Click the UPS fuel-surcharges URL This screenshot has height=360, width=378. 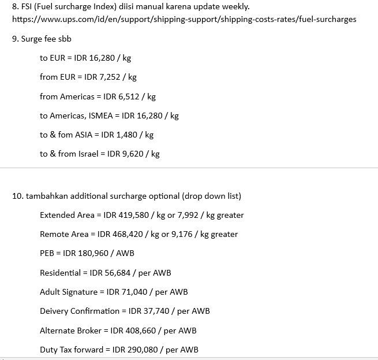pos(184,19)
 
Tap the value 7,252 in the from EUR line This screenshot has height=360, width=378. pos(104,77)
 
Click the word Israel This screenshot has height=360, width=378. pos(91,154)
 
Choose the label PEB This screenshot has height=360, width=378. pos(47,253)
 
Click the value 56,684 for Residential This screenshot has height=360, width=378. pos(119,273)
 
